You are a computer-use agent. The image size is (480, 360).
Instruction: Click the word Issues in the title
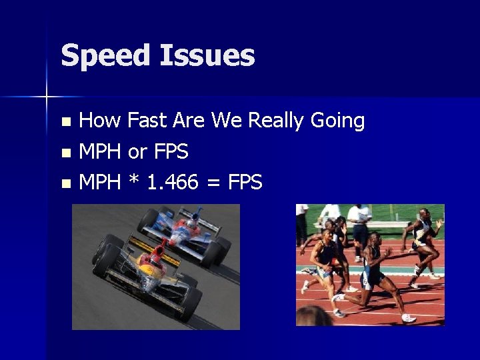207,55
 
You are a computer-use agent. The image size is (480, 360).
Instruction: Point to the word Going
339,122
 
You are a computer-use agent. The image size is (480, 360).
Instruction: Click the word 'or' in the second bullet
137,152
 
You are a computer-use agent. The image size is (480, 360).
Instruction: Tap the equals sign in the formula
215,182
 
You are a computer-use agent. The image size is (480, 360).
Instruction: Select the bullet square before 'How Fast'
65,122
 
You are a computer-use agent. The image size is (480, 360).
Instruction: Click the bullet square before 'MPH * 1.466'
65,183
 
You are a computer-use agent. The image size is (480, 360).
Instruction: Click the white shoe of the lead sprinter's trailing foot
408,318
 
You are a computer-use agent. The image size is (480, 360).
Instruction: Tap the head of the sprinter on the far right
425,214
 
